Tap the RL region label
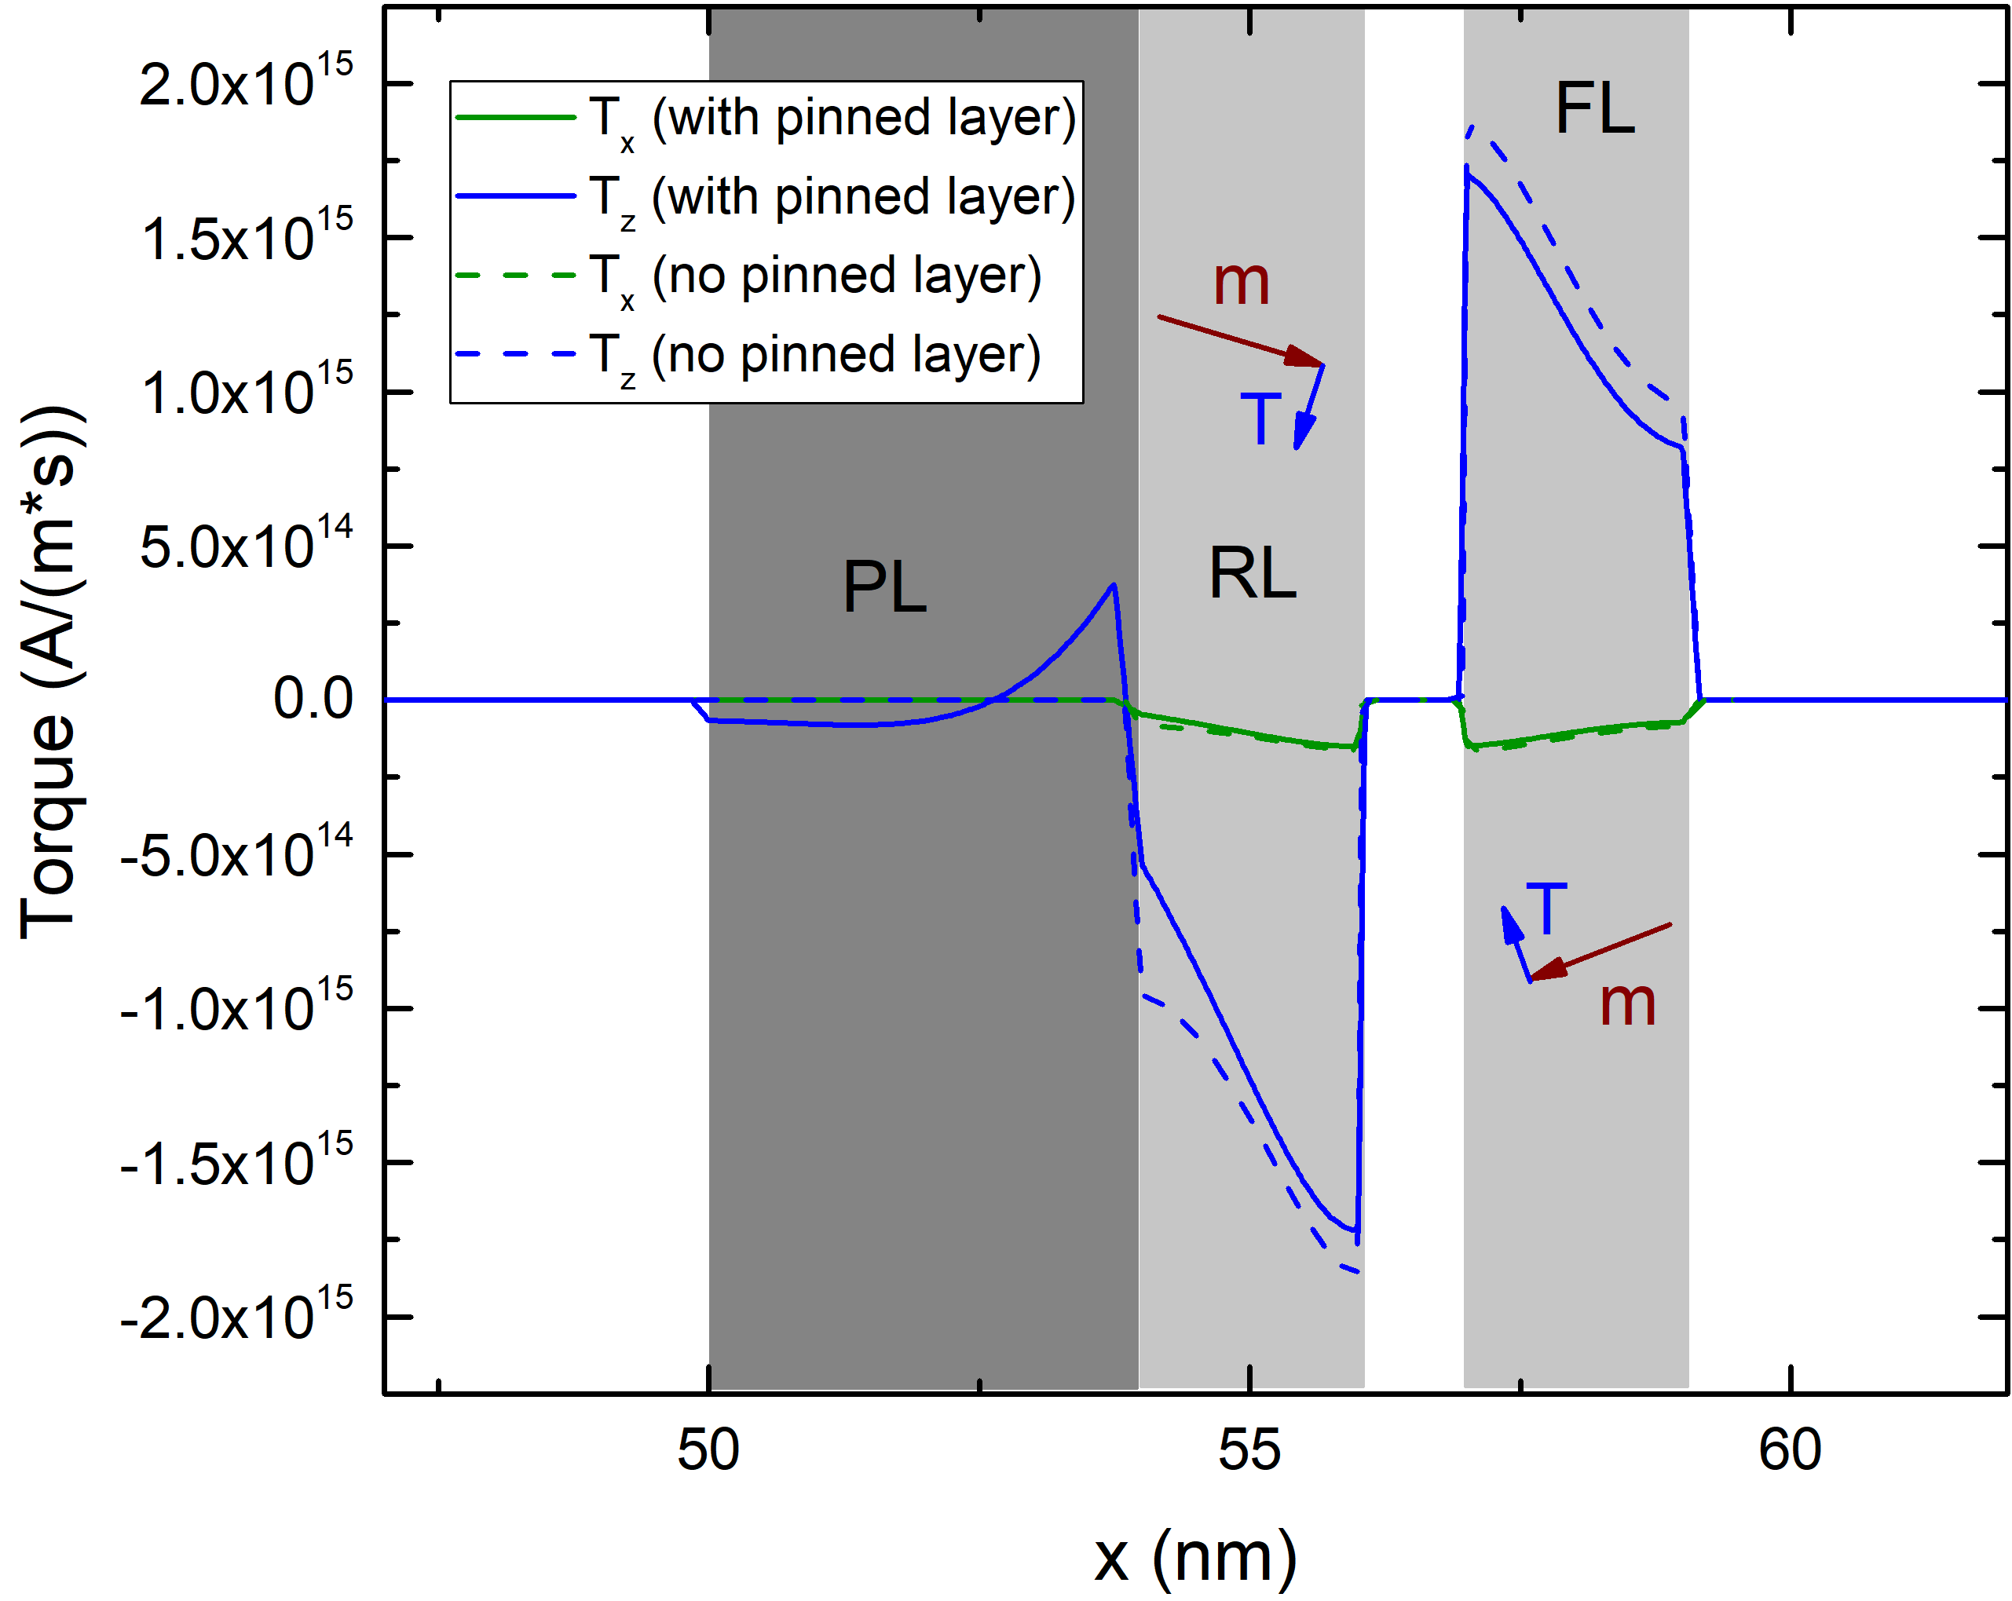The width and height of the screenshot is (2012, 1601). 1252,573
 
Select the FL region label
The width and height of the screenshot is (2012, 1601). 1594,109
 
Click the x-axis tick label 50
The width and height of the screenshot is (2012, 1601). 708,1450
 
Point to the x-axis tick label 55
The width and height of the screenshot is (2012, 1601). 1249,1450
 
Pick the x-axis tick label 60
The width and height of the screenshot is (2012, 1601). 1789,1450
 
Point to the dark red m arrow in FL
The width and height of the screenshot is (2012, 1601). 1600,952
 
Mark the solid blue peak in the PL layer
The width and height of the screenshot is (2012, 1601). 1112,586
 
